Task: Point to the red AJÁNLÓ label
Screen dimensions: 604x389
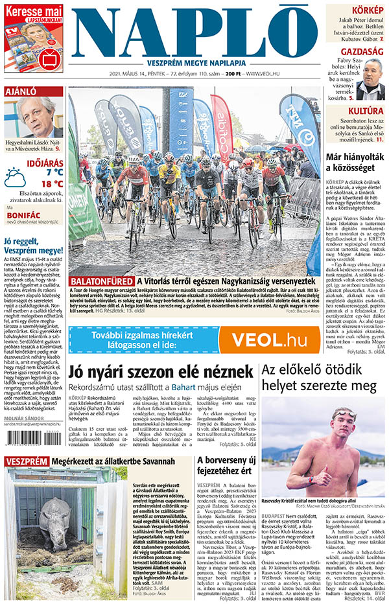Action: point(21,91)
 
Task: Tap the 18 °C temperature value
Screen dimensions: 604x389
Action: point(50,183)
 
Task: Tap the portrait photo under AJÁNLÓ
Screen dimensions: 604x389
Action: point(43,117)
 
